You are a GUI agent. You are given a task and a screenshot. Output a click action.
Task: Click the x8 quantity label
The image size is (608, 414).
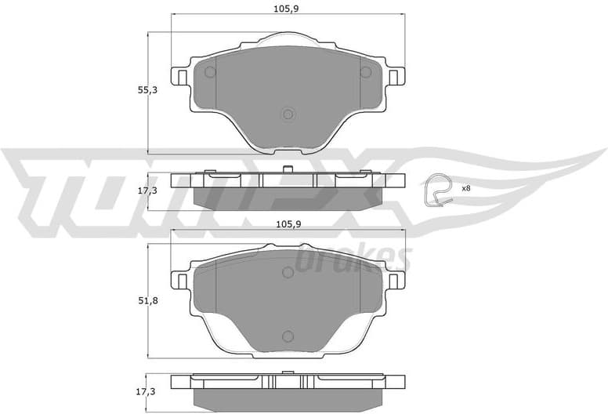click(465, 188)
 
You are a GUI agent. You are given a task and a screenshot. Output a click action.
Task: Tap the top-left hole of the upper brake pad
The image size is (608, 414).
click(210, 73)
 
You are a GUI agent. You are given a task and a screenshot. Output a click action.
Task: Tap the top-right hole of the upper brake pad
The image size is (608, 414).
click(365, 73)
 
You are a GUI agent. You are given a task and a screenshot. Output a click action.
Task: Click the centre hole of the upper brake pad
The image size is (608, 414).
click(288, 114)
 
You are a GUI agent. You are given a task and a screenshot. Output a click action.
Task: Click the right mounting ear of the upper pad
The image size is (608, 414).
click(396, 77)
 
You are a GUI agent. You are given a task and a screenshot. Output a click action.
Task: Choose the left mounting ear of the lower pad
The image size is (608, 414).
click(179, 280)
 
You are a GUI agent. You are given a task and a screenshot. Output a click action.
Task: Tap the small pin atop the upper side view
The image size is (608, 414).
click(288, 169)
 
